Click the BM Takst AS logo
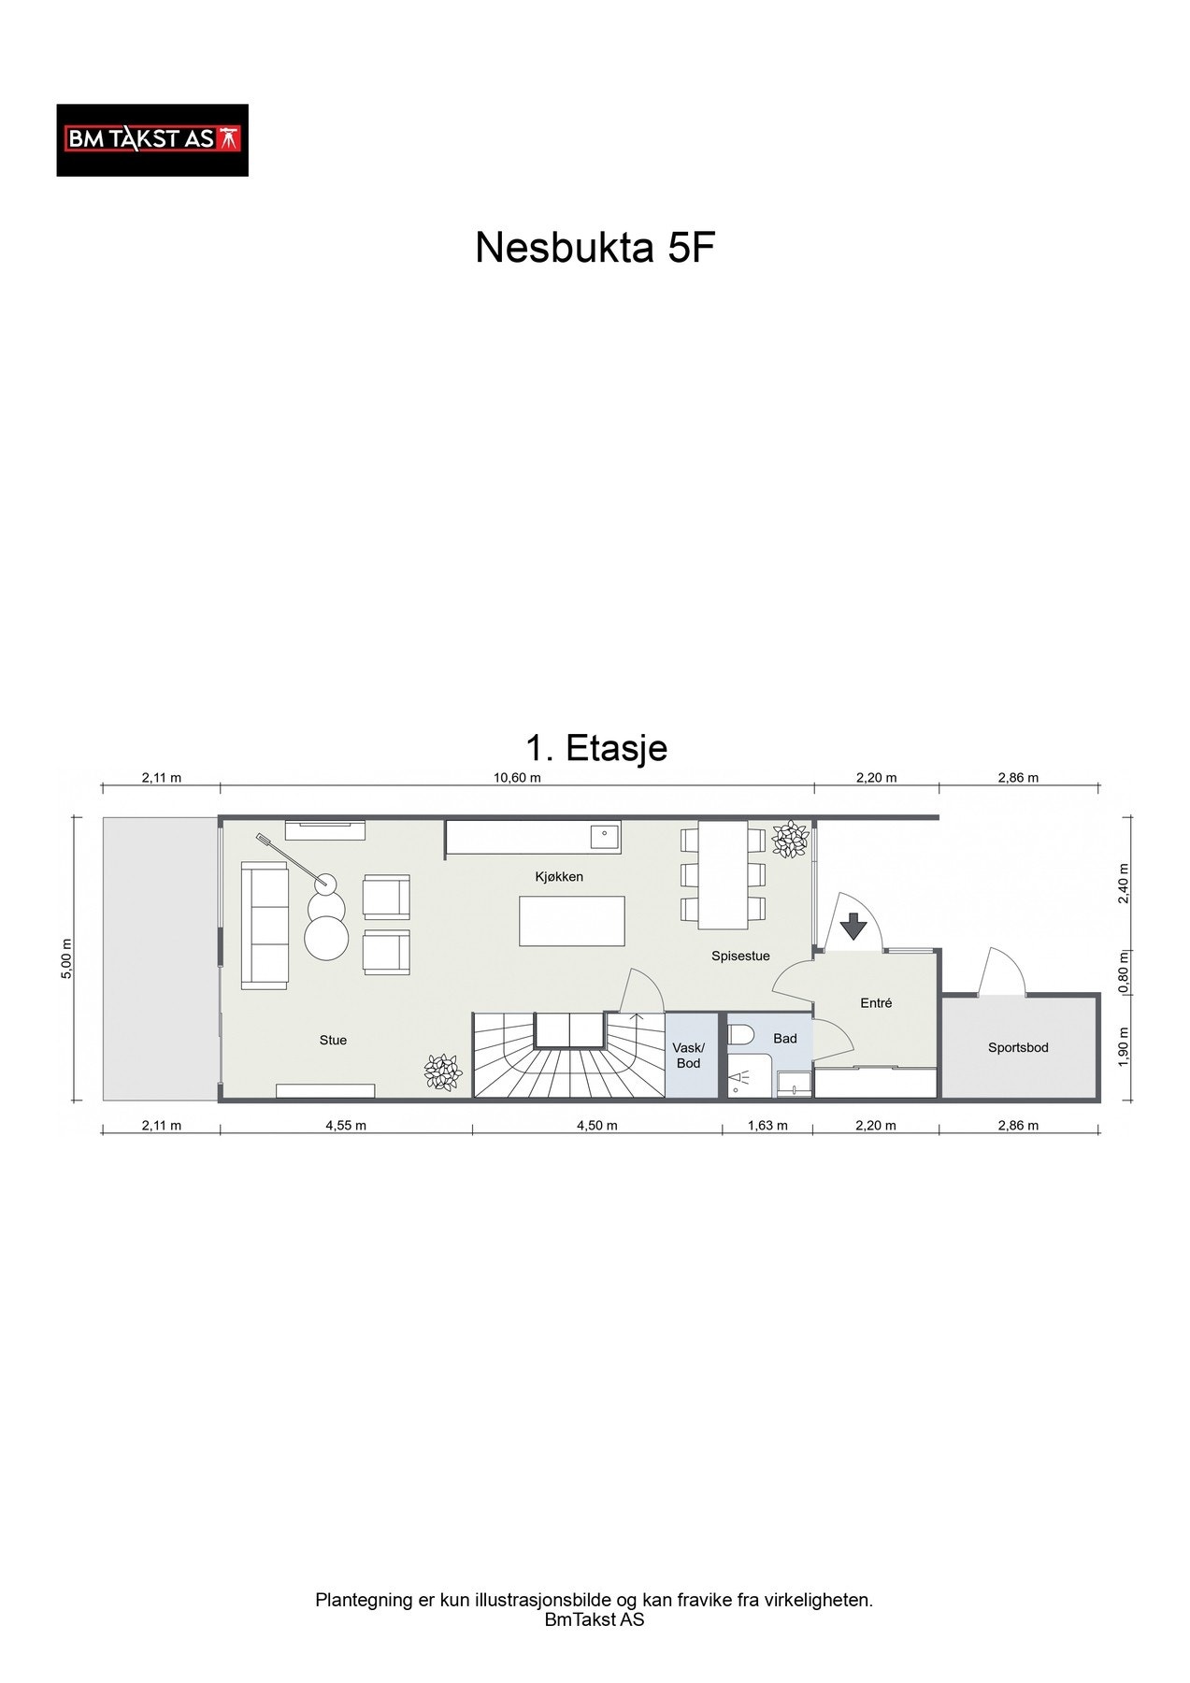point(152,140)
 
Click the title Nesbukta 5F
point(595,248)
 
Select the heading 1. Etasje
point(596,748)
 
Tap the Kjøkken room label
point(559,876)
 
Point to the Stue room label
point(333,1040)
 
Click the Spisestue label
point(740,957)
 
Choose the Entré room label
point(876,1003)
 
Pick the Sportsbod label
point(1018,1048)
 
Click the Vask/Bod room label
point(689,1056)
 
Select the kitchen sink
point(605,835)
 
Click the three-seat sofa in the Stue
point(265,924)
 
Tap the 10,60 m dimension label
point(517,778)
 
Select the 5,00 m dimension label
point(65,960)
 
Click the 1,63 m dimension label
point(768,1126)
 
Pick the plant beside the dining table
point(791,839)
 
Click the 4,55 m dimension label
point(346,1126)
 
